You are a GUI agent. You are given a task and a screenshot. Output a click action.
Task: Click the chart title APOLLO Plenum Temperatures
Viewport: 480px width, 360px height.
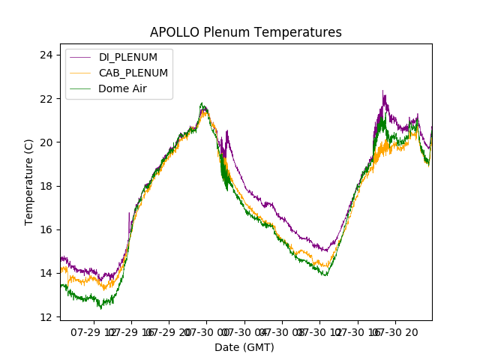tap(245, 32)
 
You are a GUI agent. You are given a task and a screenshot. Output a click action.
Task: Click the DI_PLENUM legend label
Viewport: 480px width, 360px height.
tap(128, 57)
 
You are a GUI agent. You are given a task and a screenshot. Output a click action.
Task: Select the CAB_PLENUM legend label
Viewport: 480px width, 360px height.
tap(133, 73)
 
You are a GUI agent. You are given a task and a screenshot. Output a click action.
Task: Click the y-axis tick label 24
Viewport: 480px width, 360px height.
tap(46, 55)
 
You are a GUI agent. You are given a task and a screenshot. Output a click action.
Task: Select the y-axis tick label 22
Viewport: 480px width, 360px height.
tap(46, 99)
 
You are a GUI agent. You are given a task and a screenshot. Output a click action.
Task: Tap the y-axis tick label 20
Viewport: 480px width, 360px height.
tap(46, 142)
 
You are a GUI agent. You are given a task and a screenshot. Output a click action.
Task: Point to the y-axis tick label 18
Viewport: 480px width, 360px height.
tap(46, 186)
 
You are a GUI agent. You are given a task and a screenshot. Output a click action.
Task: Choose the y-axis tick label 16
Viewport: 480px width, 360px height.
tap(46, 229)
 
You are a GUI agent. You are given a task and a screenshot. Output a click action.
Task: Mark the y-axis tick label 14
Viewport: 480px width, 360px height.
tap(46, 273)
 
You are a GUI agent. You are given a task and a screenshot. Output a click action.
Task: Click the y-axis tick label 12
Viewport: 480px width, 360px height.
tap(46, 316)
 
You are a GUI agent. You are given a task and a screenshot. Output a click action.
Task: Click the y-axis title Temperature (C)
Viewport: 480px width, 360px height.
tap(29, 181)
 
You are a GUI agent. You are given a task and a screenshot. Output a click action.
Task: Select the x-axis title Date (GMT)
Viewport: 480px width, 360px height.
tap(244, 347)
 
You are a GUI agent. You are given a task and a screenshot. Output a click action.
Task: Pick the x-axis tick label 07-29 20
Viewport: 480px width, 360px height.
tap(169, 331)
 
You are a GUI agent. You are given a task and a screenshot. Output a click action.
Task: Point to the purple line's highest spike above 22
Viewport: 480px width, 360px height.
tap(383, 92)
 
